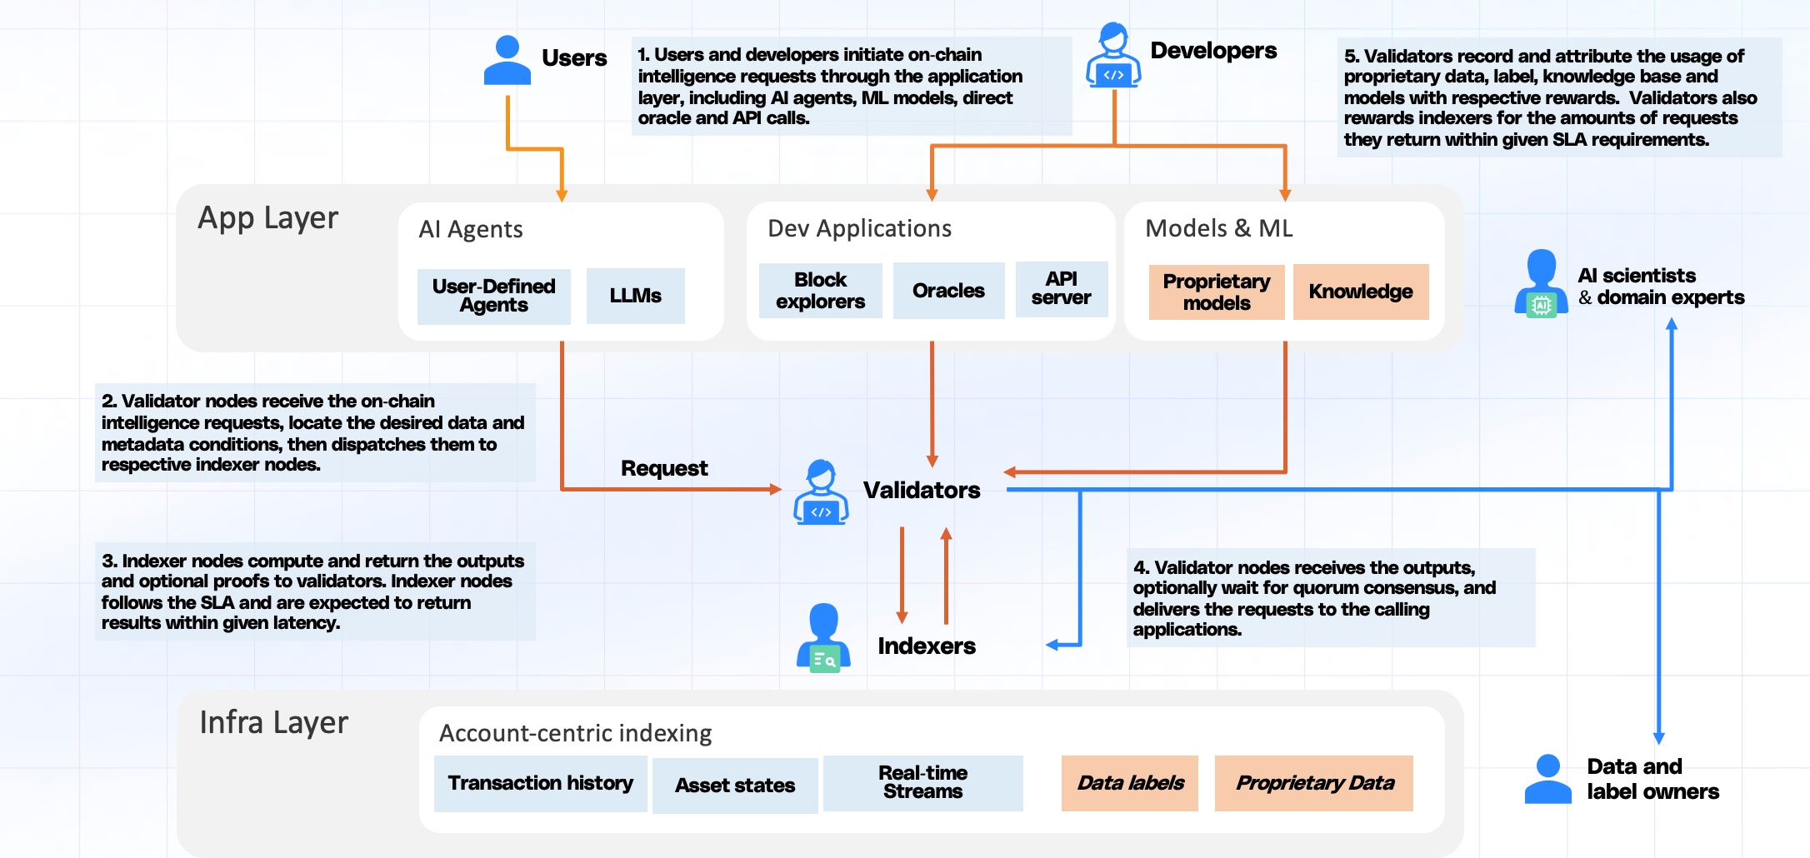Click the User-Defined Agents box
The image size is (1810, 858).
(x=493, y=296)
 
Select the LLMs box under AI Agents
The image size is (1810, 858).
(x=635, y=296)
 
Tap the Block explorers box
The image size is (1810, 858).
(x=820, y=291)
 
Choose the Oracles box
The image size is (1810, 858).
(x=948, y=291)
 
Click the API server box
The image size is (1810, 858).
(x=1061, y=289)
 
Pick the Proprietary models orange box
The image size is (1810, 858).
(x=1216, y=292)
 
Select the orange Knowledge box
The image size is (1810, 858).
(x=1360, y=292)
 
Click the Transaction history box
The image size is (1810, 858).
(x=540, y=783)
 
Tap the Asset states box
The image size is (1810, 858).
(x=734, y=786)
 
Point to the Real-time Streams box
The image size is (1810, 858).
(x=922, y=783)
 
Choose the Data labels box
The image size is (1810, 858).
(x=1129, y=783)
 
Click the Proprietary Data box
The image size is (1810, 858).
(x=1313, y=783)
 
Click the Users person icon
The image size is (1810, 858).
(x=507, y=60)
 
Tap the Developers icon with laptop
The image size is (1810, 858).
(x=1113, y=55)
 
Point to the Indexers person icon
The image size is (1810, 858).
(x=823, y=637)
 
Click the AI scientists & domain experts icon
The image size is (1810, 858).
(x=1541, y=283)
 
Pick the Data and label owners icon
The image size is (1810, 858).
(x=1547, y=779)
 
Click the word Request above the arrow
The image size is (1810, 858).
(x=664, y=468)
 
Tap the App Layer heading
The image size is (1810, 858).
(x=267, y=218)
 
